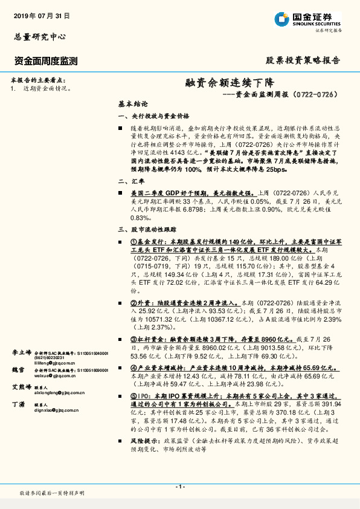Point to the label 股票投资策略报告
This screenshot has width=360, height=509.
pyautogui.click(x=303, y=60)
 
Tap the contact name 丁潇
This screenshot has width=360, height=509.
pyautogui.click(x=18, y=404)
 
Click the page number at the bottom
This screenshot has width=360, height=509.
pyautogui.click(x=179, y=487)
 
